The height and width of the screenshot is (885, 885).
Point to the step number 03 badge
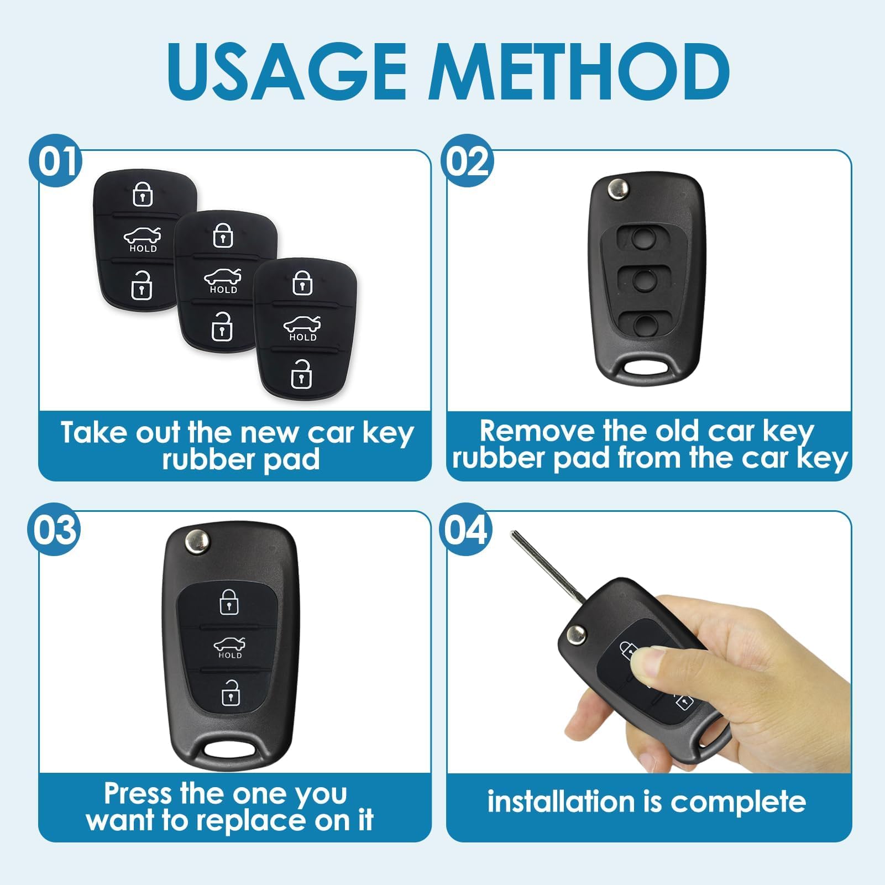coord(54,530)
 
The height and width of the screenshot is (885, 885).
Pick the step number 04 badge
coord(466,530)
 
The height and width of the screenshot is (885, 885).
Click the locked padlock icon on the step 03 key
coord(229,602)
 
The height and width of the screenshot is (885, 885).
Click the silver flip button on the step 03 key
coord(197,540)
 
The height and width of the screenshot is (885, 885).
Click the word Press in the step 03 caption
coord(138,794)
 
